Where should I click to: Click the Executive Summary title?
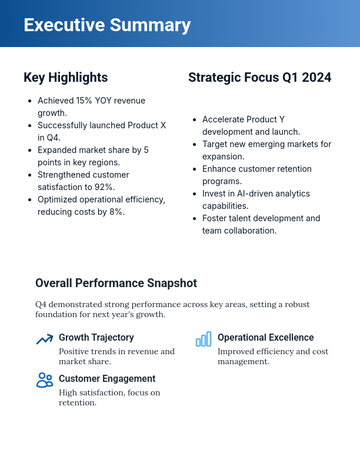107,25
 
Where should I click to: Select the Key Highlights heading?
65,77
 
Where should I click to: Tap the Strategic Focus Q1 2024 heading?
259,77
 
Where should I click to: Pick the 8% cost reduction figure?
115,212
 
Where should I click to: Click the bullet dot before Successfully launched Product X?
30,125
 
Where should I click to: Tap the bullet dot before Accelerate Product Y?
195,119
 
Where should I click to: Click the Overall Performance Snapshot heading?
116,283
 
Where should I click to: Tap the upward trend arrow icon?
44,339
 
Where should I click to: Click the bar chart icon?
203,339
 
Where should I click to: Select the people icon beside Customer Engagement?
44,380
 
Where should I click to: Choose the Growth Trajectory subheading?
96,338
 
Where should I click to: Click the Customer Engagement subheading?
107,379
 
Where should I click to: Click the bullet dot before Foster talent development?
195,218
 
